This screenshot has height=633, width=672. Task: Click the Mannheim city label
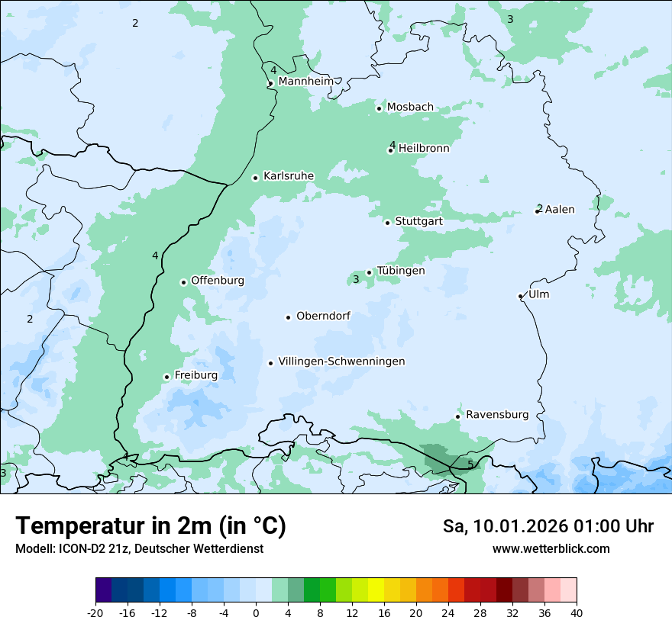(305, 82)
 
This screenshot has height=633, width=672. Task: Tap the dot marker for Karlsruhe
(256, 178)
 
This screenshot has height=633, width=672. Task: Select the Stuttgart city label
(418, 222)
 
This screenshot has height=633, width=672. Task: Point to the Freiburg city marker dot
(166, 377)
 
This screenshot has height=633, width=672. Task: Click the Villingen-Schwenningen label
(341, 361)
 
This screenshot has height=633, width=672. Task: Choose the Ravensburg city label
(497, 415)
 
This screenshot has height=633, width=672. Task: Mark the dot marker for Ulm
(520, 296)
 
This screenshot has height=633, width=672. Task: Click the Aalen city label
(559, 210)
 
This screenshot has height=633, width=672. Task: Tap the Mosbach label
(410, 108)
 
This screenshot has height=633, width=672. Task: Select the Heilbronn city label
(424, 149)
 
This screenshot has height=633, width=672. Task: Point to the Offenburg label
(218, 281)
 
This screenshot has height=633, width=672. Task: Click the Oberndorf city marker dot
(289, 317)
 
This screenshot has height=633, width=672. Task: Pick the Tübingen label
(401, 271)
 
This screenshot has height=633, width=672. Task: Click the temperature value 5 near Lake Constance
(470, 464)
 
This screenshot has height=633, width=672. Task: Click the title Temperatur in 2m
(150, 525)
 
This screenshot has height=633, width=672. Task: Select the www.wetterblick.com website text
(551, 548)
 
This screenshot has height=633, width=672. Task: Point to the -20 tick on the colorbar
(95, 612)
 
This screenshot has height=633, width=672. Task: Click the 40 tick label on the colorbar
(577, 612)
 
